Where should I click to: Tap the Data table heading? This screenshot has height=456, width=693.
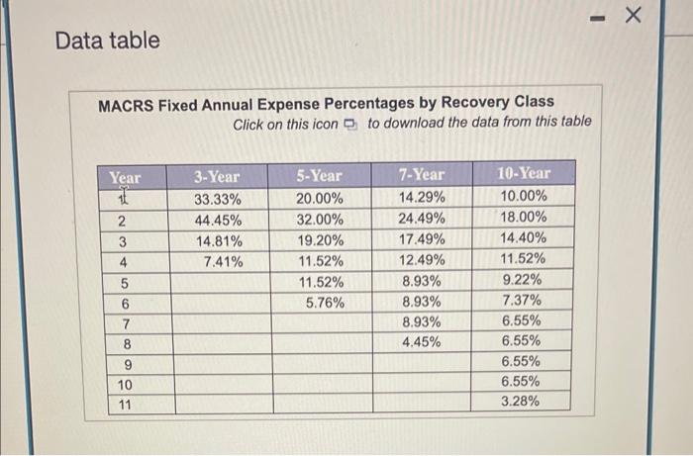click(107, 41)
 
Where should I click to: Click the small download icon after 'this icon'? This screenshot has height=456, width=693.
click(349, 124)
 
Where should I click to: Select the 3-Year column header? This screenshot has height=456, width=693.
click(217, 176)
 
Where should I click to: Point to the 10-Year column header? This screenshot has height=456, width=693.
click(523, 173)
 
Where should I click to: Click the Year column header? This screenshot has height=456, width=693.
click(126, 178)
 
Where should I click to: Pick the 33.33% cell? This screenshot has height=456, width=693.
click(218, 198)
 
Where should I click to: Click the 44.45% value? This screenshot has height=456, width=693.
click(218, 220)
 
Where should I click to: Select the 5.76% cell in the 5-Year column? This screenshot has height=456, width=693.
click(321, 303)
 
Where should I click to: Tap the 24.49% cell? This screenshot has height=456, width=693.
click(423, 219)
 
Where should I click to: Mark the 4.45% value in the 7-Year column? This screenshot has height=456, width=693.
click(423, 343)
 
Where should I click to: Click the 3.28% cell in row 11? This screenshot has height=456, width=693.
click(521, 402)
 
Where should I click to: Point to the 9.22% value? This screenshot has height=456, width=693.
click(522, 280)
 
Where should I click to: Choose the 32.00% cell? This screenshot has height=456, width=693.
click(321, 220)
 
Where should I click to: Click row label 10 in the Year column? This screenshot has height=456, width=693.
click(125, 385)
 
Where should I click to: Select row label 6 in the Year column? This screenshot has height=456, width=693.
click(125, 304)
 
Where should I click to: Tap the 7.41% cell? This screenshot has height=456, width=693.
click(222, 261)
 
